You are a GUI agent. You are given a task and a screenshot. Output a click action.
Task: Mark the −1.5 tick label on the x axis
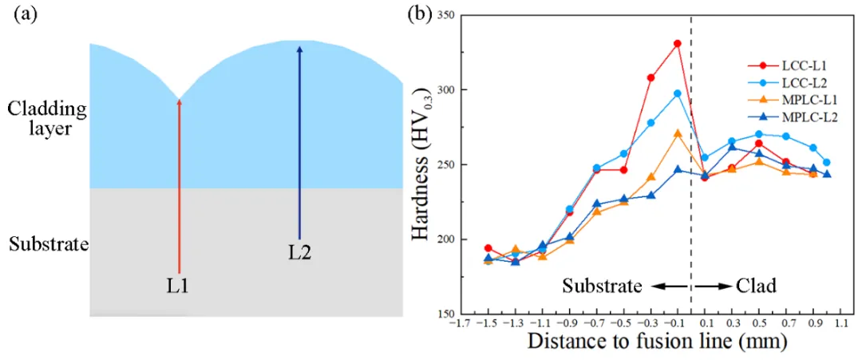487,324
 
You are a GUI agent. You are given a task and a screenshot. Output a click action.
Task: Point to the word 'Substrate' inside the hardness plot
602,287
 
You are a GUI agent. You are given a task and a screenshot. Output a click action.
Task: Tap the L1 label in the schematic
180,286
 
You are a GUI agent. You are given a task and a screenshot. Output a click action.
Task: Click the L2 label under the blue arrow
300,253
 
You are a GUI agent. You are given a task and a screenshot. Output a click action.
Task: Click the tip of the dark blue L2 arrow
299,45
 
